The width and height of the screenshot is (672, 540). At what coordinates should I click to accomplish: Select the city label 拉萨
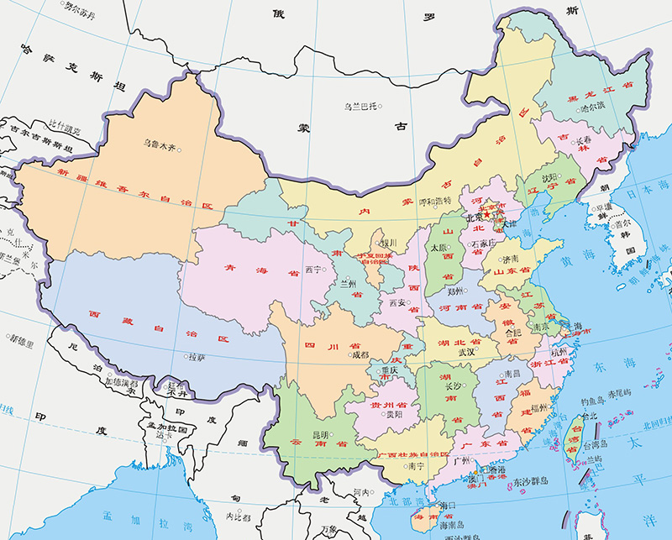pos(196,357)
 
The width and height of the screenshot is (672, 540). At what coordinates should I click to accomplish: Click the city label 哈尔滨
pos(592,107)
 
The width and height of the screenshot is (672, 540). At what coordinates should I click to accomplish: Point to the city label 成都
pos(360,354)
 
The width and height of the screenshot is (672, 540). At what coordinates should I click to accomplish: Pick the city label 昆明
pos(321,435)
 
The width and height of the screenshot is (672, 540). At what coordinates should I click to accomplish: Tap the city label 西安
pos(397,301)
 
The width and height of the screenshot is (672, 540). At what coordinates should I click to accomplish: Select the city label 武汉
pos(468,352)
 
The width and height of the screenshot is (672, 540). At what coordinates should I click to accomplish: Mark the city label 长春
pos(582,141)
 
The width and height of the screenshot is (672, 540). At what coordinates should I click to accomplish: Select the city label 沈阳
pos(549,177)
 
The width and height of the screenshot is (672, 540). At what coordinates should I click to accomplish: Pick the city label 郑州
pos(455,292)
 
